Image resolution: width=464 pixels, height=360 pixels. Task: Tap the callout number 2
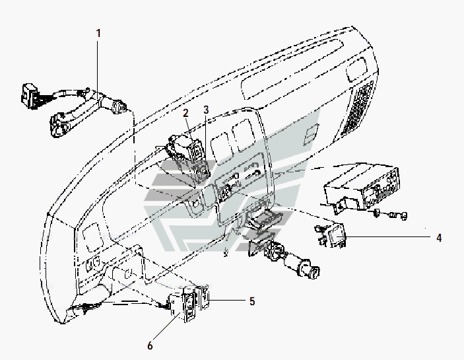pos(187,112)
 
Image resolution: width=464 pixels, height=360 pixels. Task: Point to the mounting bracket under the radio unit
pos(336,201)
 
